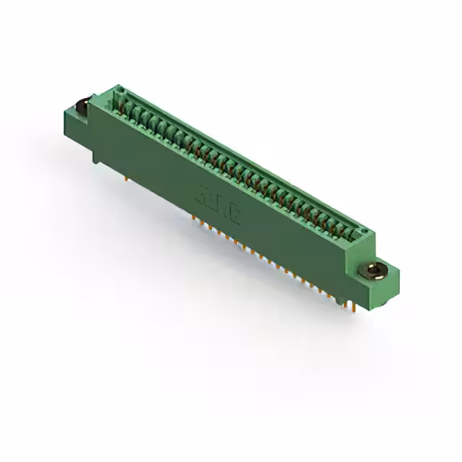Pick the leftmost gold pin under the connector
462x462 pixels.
(x=128, y=175)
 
